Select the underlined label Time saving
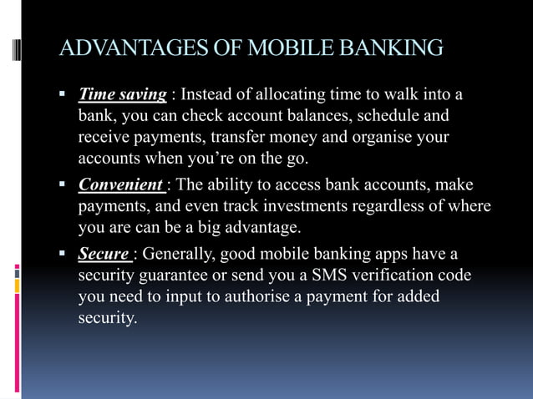coord(122,93)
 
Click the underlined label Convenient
coord(120,184)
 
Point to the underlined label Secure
coord(104,254)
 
